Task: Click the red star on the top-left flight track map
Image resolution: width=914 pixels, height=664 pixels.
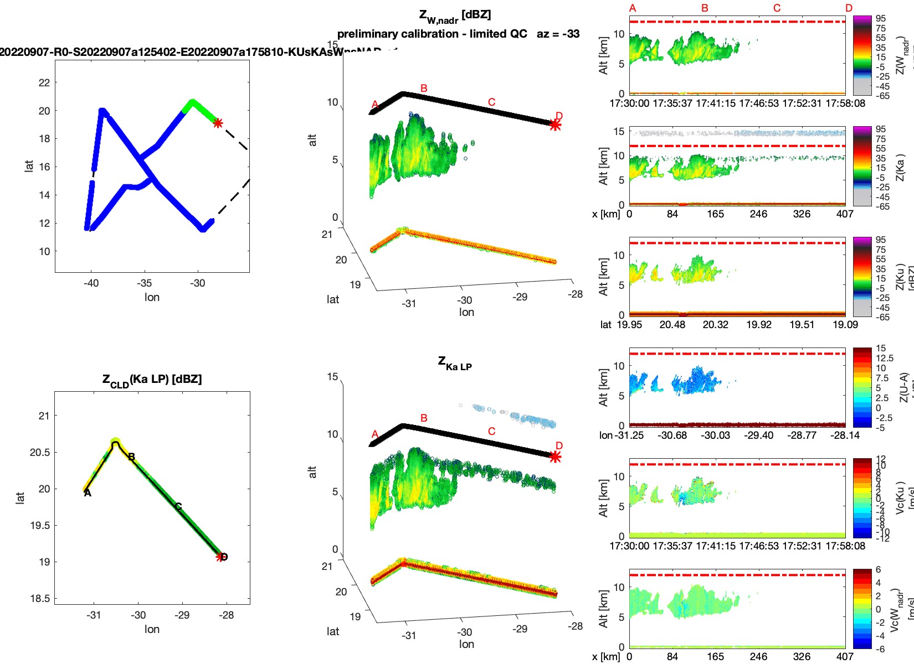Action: click(x=218, y=123)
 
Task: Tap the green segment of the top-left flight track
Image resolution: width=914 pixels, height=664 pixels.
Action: click(x=201, y=109)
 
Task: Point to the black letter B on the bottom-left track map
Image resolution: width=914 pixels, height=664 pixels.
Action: click(x=132, y=457)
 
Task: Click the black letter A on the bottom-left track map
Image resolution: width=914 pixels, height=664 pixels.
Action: click(x=88, y=492)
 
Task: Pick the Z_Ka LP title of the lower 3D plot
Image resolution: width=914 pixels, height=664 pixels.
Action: click(x=455, y=364)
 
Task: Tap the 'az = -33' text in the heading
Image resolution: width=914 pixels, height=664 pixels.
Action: click(x=558, y=34)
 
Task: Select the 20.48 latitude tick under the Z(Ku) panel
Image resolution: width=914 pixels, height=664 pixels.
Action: click(x=672, y=325)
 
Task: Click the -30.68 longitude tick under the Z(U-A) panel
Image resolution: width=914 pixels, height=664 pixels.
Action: click(x=672, y=435)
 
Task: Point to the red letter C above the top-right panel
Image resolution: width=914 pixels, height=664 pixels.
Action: click(x=777, y=8)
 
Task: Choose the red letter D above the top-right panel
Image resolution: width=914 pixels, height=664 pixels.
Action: click(x=849, y=8)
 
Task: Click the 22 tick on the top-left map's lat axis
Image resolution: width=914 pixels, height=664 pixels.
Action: click(x=44, y=83)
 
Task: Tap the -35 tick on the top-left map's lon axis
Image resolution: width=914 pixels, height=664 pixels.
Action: click(x=144, y=283)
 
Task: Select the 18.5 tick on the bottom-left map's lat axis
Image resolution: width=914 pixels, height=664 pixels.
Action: click(x=40, y=598)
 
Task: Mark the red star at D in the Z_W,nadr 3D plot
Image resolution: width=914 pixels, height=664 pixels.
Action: click(x=555, y=125)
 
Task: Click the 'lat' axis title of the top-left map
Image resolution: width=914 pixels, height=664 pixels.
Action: click(x=29, y=166)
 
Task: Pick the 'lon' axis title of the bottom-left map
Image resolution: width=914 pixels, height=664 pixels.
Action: click(x=152, y=629)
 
